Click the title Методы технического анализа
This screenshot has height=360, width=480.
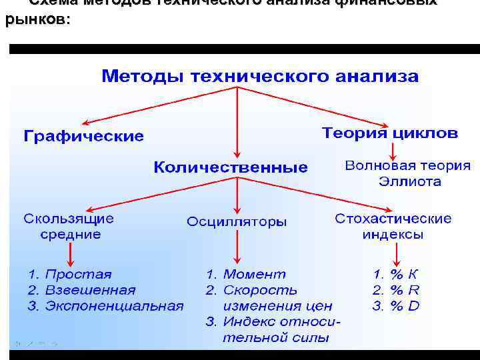point(260,76)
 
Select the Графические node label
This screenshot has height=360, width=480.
point(83,137)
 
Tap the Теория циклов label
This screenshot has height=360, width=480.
point(390,133)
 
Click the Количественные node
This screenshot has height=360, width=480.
point(231,167)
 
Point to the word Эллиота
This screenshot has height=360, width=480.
point(409,181)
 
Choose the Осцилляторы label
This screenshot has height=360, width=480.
point(237,221)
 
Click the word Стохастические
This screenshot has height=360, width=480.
point(393,219)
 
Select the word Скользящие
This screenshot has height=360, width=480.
point(69,219)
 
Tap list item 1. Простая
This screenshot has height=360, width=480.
point(70,274)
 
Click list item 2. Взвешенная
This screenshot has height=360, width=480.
point(81,290)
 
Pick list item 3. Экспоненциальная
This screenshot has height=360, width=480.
point(105,306)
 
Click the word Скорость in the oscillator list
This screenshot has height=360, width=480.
point(260,290)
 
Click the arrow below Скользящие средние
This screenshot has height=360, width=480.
point(71,255)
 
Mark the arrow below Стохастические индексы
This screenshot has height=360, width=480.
point(397,255)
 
